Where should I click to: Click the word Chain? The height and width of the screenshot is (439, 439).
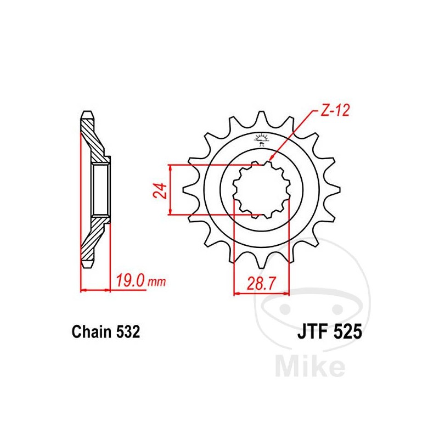92,332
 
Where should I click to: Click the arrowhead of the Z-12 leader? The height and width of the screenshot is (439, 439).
271,160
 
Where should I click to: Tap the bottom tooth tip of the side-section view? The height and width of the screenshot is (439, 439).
87,266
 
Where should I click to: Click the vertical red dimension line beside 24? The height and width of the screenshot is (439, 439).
172,190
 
